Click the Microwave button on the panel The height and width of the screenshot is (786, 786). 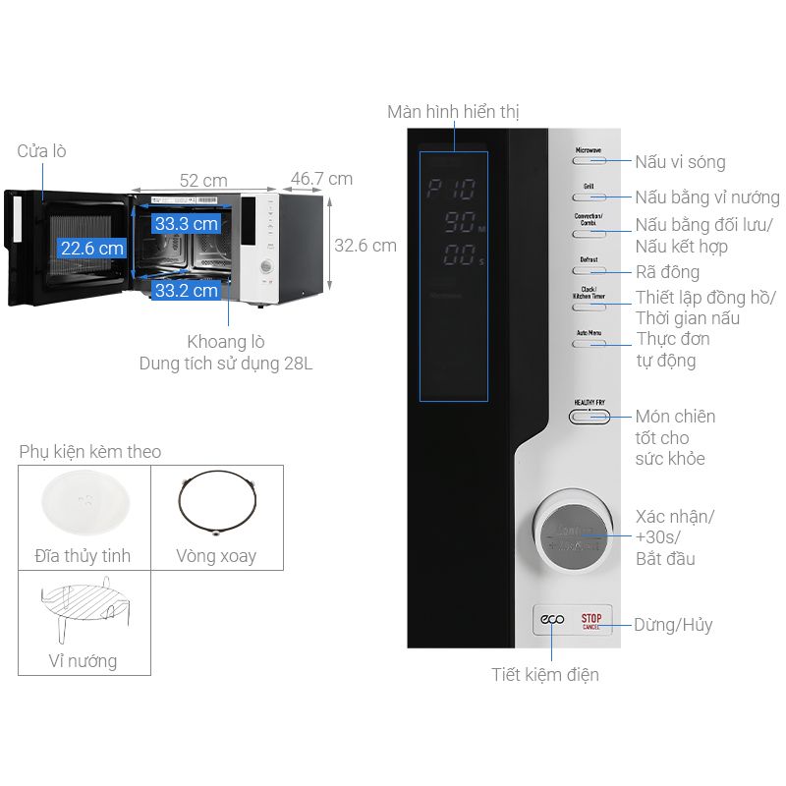[x=589, y=158]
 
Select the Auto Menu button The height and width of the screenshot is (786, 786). [x=589, y=342]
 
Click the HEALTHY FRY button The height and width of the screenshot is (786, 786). [x=589, y=416]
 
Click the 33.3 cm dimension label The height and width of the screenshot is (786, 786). [x=186, y=223]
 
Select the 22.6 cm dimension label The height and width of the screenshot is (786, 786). [x=91, y=249]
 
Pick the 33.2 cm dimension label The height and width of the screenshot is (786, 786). [x=186, y=290]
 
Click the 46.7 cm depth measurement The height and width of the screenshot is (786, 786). [x=321, y=179]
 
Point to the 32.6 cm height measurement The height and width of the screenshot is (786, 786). [x=365, y=246]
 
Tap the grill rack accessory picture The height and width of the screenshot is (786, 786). [x=83, y=608]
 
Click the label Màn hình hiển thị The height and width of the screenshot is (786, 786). [x=453, y=112]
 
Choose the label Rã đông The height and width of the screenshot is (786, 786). [x=667, y=272]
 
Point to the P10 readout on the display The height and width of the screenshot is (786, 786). [x=452, y=190]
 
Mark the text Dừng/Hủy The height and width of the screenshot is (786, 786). [x=673, y=625]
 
